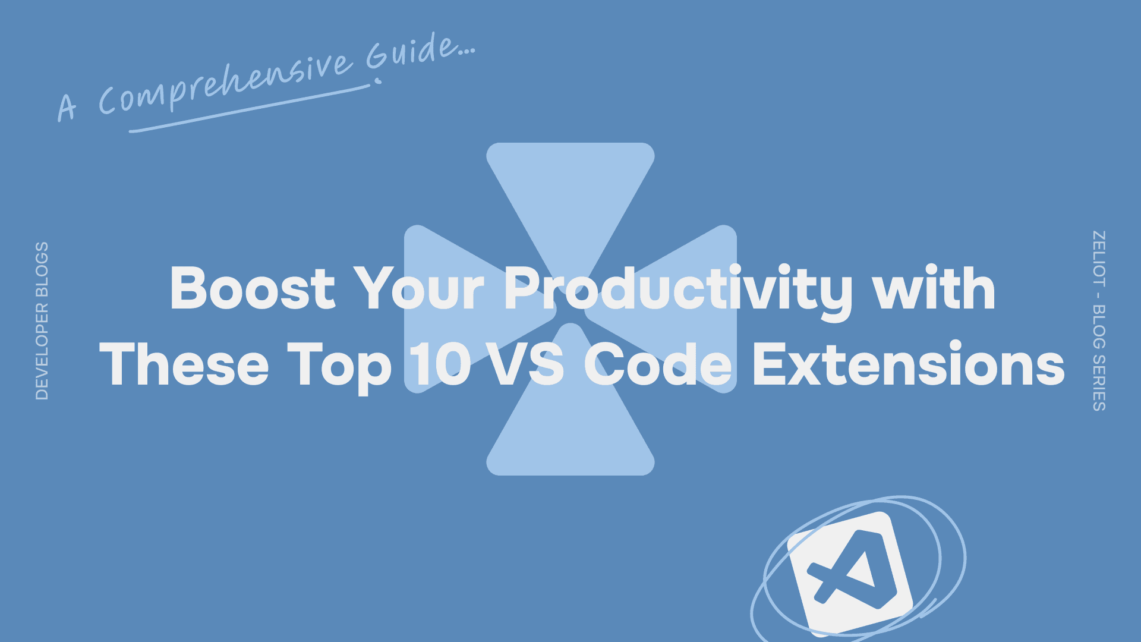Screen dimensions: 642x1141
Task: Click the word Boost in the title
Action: pyautogui.click(x=253, y=289)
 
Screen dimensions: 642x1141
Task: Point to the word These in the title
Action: pyautogui.click(x=184, y=365)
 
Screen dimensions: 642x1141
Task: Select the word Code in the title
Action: pyautogui.click(x=658, y=365)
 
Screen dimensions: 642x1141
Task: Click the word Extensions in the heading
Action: pyautogui.click(x=909, y=365)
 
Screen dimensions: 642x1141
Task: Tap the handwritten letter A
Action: pyautogui.click(x=67, y=107)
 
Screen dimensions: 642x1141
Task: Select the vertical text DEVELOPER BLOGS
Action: pyautogui.click(x=42, y=321)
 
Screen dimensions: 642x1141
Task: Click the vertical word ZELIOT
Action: pyautogui.click(x=1099, y=259)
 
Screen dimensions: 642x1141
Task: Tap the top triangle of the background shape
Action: pyautogui.click(x=570, y=190)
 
